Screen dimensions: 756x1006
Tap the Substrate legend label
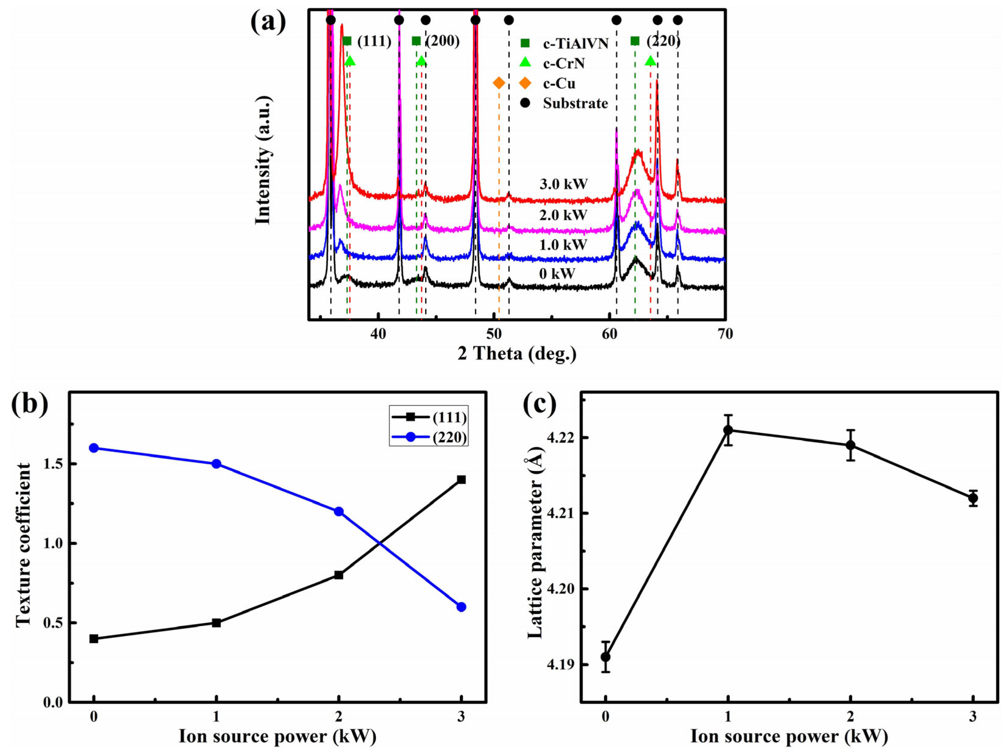tap(575, 103)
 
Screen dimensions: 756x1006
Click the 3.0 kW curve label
tap(563, 184)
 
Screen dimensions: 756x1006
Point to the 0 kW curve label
tap(557, 274)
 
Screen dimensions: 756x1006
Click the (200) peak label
tap(443, 41)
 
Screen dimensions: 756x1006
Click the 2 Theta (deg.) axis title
tap(517, 354)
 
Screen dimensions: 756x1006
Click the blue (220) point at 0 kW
tap(94, 448)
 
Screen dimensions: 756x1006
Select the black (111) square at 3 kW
tap(461, 479)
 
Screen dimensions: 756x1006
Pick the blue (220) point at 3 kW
tap(461, 607)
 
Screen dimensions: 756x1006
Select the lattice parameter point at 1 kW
tap(728, 430)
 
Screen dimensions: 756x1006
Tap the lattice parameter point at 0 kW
tap(605, 657)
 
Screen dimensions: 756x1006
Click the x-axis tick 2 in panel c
tap(850, 717)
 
